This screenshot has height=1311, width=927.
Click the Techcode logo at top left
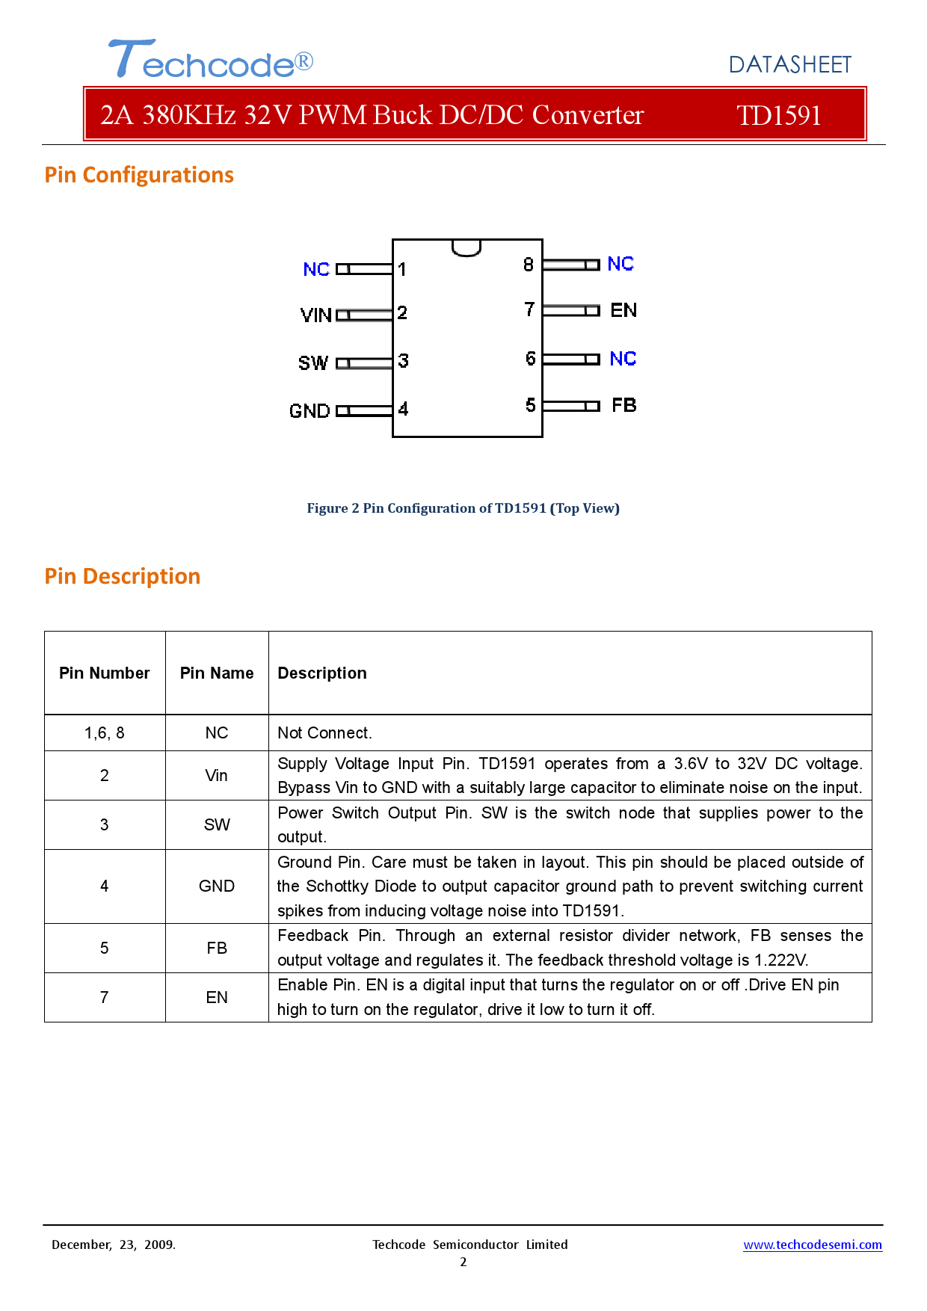(210, 60)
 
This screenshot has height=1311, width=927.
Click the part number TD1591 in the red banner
(778, 115)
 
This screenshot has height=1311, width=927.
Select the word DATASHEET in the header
(789, 65)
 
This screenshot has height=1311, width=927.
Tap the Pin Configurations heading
(139, 175)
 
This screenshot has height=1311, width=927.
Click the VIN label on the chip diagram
(315, 315)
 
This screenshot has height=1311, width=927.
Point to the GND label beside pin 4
(309, 410)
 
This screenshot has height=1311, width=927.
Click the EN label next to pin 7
(623, 310)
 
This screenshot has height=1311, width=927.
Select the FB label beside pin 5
(623, 405)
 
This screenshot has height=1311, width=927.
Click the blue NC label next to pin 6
(622, 359)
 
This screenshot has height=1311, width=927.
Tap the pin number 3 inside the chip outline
(403, 361)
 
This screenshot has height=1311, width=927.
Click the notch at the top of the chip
(466, 247)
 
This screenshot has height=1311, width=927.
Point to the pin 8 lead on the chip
(570, 265)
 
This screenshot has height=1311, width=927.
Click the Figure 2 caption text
(463, 508)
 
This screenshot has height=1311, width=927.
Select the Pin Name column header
(217, 673)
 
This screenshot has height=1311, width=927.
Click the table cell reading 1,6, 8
(105, 732)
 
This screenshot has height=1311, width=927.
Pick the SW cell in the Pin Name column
(217, 824)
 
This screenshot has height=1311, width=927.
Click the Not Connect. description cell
(324, 732)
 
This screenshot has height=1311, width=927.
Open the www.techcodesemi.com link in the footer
(812, 1244)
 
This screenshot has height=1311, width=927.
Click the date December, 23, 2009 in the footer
(114, 1244)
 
